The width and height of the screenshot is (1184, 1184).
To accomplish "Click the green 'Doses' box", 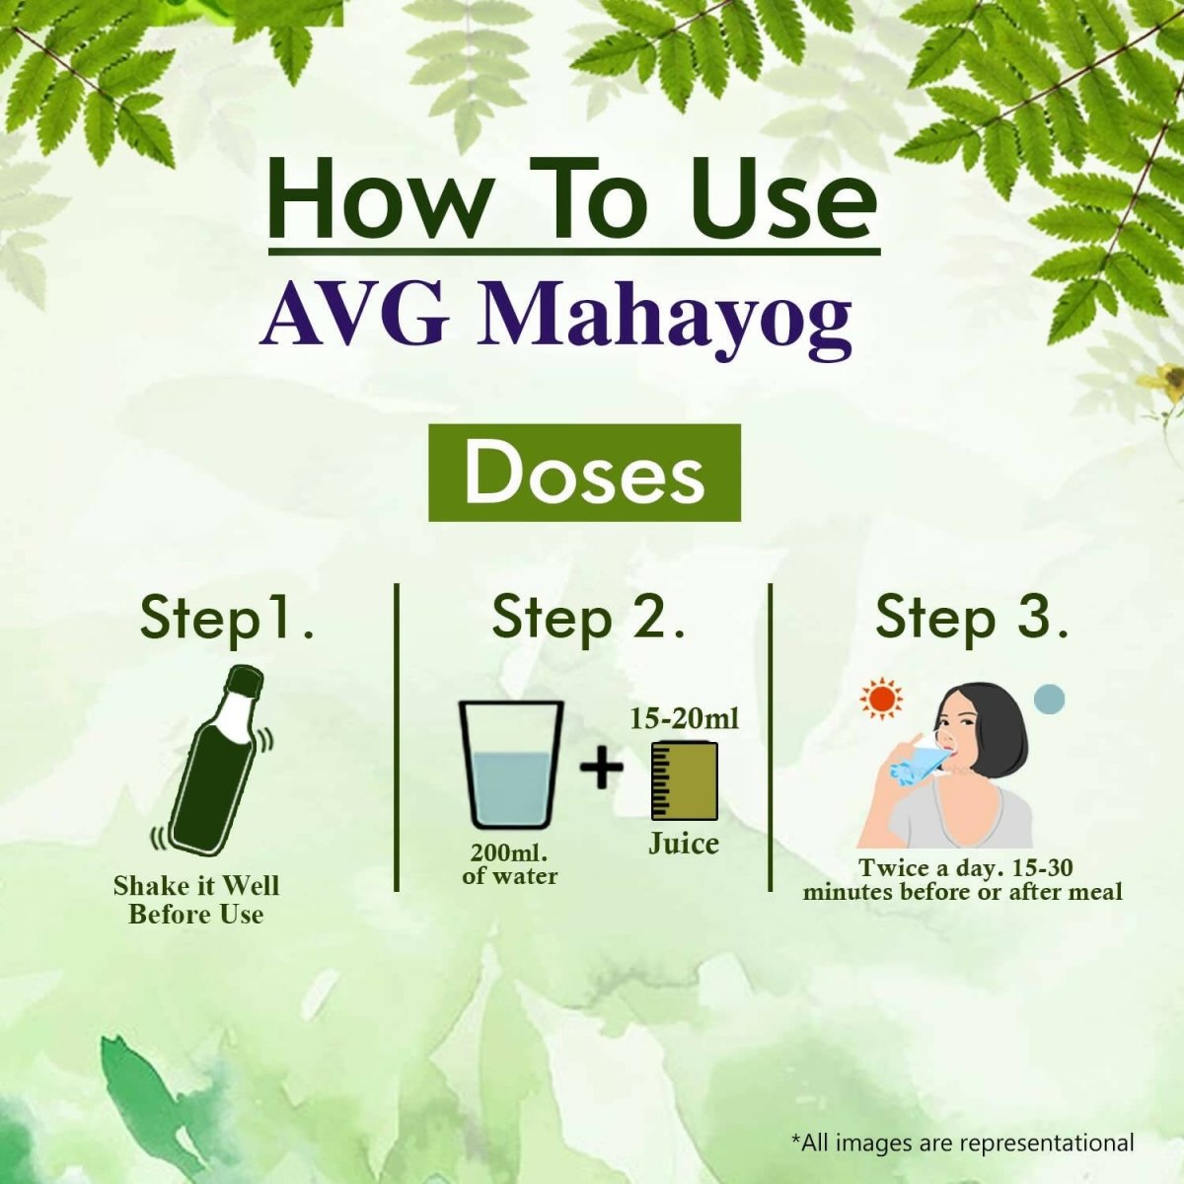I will point(584,474).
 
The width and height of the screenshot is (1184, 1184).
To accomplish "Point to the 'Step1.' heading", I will point(227,618).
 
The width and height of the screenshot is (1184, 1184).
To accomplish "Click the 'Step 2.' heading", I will point(588,618).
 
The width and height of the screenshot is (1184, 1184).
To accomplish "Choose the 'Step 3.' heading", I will point(972,618).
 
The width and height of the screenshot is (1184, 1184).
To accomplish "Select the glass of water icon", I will point(510,765).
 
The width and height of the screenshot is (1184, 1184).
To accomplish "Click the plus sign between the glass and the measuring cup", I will point(602,767).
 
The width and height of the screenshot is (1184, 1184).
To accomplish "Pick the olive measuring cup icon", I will point(685,780).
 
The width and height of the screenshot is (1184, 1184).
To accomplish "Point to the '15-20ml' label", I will point(684,718).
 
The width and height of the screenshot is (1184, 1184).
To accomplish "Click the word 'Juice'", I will point(683,844).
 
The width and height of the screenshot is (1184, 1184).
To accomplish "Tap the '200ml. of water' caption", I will point(509,864).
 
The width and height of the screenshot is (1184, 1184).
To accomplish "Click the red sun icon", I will point(880,699).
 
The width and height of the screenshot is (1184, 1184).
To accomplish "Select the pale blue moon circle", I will point(1049,699).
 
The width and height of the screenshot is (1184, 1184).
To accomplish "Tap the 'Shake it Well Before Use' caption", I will point(195,899).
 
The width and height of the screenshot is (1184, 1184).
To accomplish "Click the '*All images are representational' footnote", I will point(962,1143).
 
